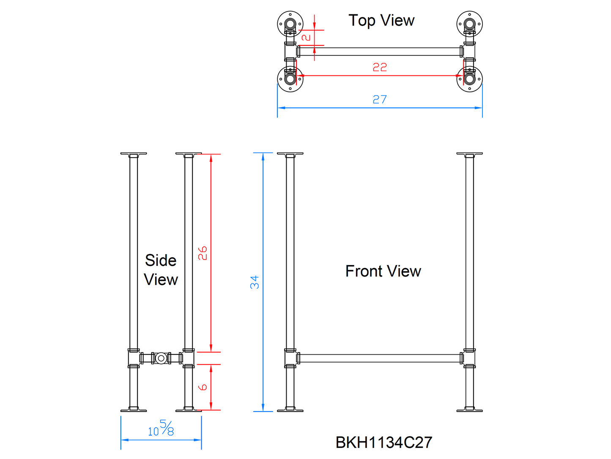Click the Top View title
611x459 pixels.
click(381, 20)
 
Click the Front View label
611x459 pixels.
click(383, 271)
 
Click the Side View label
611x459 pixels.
click(161, 270)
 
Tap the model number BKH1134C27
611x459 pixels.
click(384, 442)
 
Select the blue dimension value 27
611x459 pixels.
click(380, 99)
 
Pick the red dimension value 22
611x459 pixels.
click(380, 67)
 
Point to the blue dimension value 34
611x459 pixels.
click(255, 282)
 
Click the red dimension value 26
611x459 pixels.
click(203, 253)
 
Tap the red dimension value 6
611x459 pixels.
click(203, 387)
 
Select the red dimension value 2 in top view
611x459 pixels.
click(306, 37)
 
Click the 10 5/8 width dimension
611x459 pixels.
click(161, 428)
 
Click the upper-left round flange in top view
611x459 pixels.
click(290, 24)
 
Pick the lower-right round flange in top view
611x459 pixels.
click(469, 79)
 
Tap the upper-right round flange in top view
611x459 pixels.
click(469, 24)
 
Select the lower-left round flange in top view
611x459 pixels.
click(290, 79)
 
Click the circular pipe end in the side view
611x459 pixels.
click(161, 358)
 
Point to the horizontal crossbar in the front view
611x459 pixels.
click(380, 358)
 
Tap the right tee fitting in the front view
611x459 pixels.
click(469, 358)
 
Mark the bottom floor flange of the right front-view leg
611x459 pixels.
click(469, 409)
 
